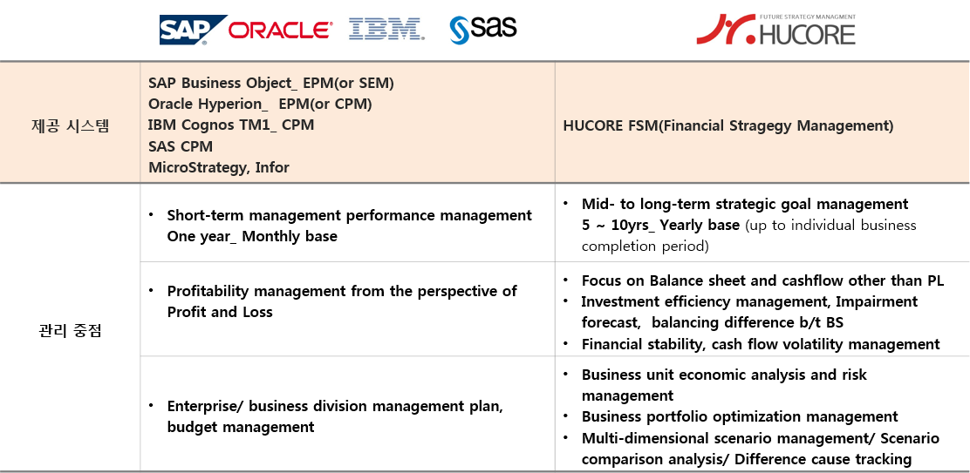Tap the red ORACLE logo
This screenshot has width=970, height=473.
click(280, 30)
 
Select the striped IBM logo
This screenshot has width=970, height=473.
click(386, 30)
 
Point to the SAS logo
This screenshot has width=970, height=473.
click(483, 29)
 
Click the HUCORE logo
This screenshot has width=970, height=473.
click(775, 29)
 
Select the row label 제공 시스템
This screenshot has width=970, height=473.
click(70, 125)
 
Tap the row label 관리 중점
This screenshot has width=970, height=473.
click(70, 331)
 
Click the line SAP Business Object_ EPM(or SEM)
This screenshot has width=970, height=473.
click(271, 84)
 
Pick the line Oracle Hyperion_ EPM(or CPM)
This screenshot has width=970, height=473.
click(260, 105)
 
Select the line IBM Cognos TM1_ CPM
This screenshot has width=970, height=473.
click(231, 125)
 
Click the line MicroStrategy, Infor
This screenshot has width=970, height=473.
click(218, 167)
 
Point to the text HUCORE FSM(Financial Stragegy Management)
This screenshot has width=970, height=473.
click(728, 126)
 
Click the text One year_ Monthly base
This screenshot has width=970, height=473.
click(252, 237)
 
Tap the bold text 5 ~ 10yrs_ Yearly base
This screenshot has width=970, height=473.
click(660, 226)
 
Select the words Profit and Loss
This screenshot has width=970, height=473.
click(220, 313)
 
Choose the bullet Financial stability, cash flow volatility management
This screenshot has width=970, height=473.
click(761, 345)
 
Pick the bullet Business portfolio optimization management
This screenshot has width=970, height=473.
click(739, 417)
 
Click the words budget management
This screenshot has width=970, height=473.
click(241, 428)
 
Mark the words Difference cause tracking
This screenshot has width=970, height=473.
click(823, 460)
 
